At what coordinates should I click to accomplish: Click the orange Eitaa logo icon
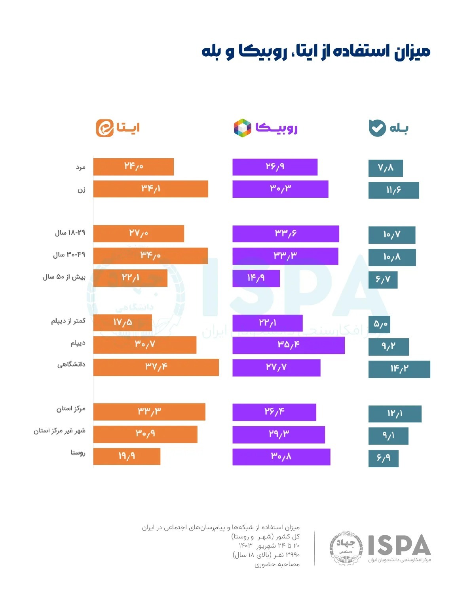pos(105,128)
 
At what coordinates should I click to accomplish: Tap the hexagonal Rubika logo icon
pos(243,128)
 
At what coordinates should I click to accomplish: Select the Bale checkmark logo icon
pos(377,128)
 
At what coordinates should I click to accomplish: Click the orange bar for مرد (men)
pos(133,167)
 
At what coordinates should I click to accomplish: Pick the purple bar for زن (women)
pos(280,189)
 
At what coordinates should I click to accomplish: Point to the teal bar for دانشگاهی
pos(399,369)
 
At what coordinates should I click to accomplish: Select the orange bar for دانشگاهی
pos(156,367)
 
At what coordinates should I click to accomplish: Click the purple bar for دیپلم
pos(288,345)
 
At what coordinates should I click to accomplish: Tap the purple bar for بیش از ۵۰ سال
pos(256,278)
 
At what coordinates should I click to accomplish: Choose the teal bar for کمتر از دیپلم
pos(379,324)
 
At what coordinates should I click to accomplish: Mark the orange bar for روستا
pos(127,456)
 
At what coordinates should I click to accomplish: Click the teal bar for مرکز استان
pos(395,414)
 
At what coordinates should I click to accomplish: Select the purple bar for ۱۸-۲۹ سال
pos(285,233)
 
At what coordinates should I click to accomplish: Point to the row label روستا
pos(78,453)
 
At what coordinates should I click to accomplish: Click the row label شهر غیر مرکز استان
pos(59,430)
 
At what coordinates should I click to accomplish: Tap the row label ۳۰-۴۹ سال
pos(69,255)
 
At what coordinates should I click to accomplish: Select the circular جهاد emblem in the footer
pos(346,547)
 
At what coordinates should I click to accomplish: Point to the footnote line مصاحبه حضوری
pos(277,564)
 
